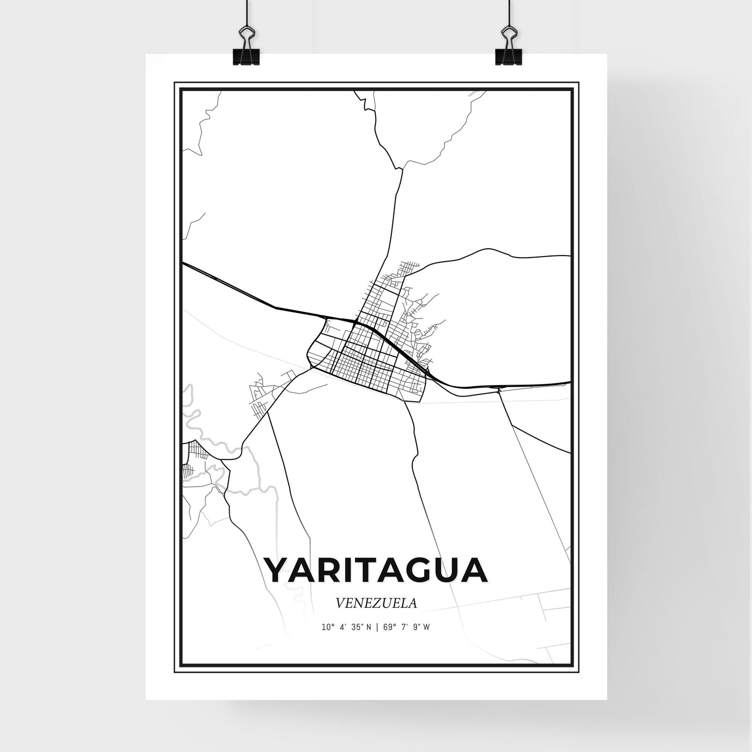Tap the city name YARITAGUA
(x=376, y=570)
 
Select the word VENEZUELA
(x=376, y=603)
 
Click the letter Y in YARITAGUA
(x=278, y=570)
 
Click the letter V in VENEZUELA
(x=341, y=603)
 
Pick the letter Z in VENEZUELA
(x=371, y=603)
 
